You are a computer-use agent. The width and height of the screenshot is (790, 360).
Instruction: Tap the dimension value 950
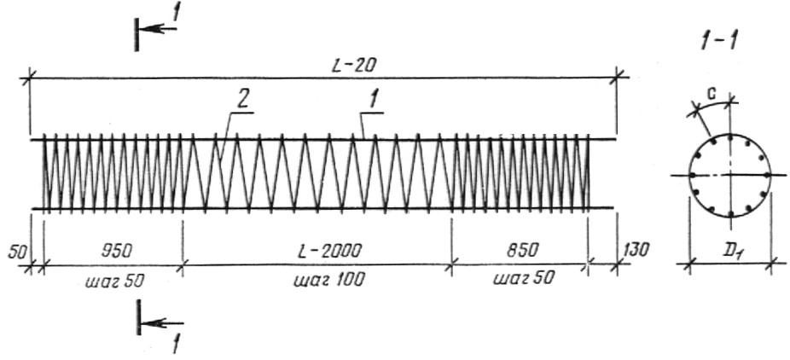[116, 250]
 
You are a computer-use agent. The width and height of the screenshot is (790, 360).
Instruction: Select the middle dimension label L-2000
[324, 250]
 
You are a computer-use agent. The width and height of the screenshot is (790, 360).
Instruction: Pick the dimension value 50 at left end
[17, 252]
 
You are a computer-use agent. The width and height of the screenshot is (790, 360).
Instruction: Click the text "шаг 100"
[328, 280]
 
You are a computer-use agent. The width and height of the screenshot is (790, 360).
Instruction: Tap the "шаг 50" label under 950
[115, 280]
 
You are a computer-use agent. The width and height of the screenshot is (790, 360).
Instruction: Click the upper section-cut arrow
[158, 29]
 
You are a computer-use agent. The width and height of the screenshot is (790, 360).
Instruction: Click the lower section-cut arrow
[162, 322]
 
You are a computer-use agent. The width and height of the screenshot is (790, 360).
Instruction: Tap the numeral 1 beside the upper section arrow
[176, 13]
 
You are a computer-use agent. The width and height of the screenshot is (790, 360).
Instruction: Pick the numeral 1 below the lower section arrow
[177, 345]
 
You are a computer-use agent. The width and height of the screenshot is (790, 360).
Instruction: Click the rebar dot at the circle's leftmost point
[692, 175]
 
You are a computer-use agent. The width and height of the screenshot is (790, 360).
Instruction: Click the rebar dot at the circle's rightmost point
[767, 175]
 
